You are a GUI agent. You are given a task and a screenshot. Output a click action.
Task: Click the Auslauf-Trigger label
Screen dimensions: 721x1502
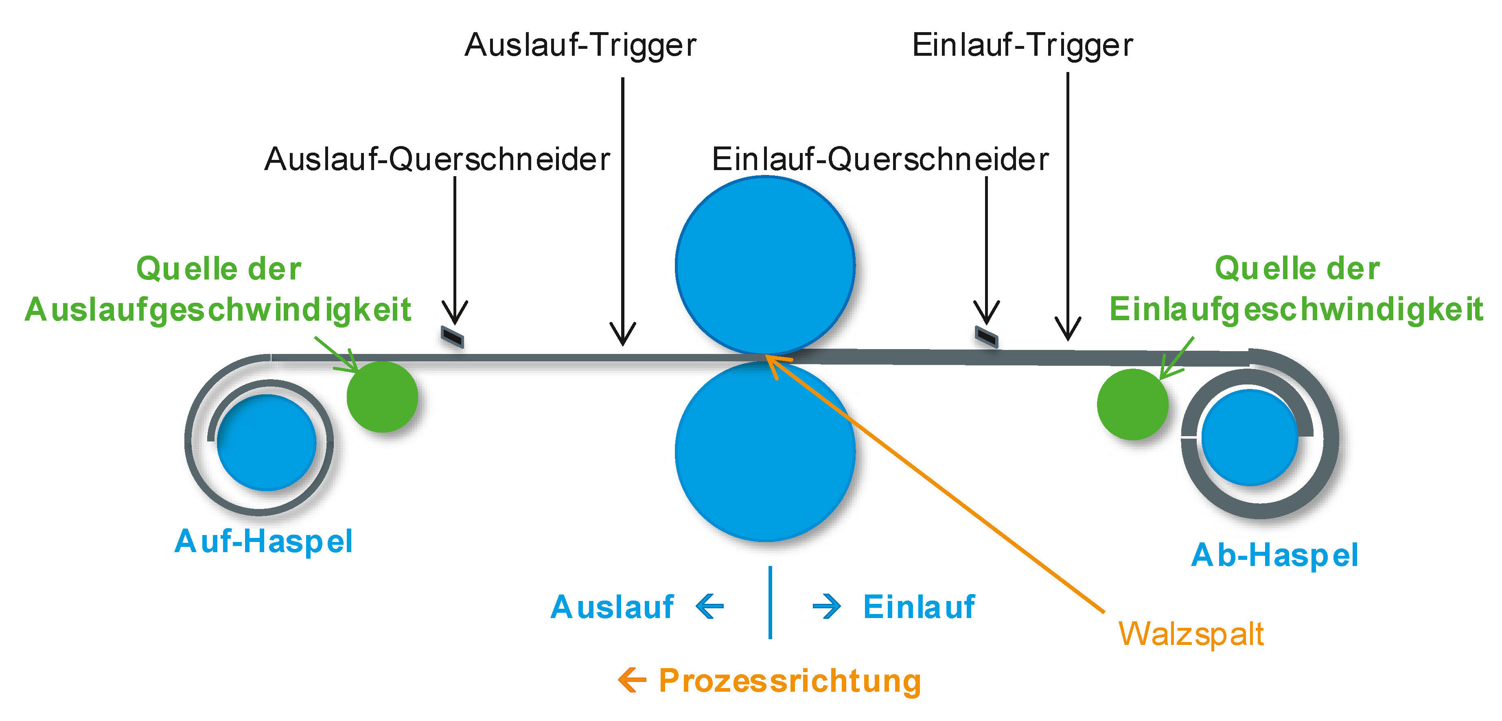click(x=580, y=45)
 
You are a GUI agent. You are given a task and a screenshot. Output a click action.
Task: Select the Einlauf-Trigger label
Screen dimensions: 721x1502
click(x=1022, y=45)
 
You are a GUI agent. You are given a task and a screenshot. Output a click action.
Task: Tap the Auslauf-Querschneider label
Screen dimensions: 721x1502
click(x=437, y=159)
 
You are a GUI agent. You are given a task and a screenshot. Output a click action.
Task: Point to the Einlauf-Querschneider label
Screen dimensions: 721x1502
click(x=880, y=159)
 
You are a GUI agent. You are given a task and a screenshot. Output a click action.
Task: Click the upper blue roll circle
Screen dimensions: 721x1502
click(x=765, y=265)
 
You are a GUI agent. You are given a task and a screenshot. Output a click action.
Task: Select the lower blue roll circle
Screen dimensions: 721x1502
click(x=765, y=452)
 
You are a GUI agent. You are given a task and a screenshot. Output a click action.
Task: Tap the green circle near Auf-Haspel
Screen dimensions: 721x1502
click(x=383, y=396)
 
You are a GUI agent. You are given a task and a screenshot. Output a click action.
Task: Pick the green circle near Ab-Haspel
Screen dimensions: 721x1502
click(x=1132, y=404)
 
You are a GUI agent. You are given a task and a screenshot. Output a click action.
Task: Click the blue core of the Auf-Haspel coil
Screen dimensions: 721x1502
click(x=267, y=442)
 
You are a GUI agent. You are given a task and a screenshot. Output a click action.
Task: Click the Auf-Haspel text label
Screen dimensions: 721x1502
click(x=263, y=542)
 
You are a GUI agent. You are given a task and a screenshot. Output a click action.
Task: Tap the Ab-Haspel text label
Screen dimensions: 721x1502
click(x=1274, y=555)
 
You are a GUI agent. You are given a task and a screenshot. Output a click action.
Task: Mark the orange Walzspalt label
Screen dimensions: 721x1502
click(x=1191, y=634)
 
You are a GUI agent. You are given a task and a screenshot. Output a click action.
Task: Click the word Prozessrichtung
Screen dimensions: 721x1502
click(x=790, y=680)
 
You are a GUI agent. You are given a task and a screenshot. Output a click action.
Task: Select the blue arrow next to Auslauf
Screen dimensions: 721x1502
click(x=710, y=606)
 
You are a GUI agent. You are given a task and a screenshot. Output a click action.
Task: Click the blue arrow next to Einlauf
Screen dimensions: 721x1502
click(x=827, y=607)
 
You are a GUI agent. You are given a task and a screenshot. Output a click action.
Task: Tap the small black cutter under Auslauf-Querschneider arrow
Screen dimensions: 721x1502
click(x=452, y=337)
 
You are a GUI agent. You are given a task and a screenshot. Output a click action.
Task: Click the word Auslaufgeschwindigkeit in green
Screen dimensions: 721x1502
click(x=218, y=310)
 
